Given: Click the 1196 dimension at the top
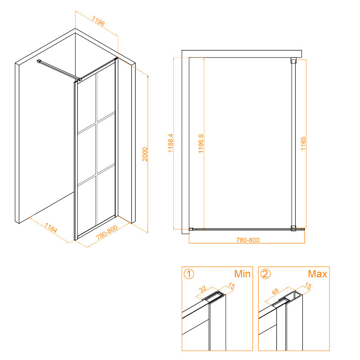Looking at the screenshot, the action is click(99, 21).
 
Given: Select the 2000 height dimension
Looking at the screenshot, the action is click(145, 154).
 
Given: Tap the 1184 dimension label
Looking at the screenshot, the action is click(51, 228).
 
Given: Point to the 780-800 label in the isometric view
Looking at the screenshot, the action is click(107, 232).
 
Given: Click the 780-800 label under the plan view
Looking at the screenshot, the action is click(248, 240).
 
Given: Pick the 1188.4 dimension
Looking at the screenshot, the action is click(171, 143).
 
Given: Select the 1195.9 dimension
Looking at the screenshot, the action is click(201, 144).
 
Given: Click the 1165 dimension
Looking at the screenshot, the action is click(303, 144).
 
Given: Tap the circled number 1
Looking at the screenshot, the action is click(189, 274).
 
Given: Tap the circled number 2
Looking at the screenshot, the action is click(265, 274).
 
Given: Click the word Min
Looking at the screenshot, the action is click(242, 274).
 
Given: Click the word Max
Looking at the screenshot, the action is click(318, 274).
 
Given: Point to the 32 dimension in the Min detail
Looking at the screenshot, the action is click(203, 289).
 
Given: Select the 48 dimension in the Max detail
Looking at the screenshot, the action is click(275, 292).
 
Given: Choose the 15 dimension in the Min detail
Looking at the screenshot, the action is click(231, 286).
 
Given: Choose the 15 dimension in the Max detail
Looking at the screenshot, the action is click(308, 286).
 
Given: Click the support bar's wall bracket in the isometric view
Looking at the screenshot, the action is click(39, 61).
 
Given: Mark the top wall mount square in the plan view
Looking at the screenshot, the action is click(293, 60).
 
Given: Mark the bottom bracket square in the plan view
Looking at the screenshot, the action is click(293, 229).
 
